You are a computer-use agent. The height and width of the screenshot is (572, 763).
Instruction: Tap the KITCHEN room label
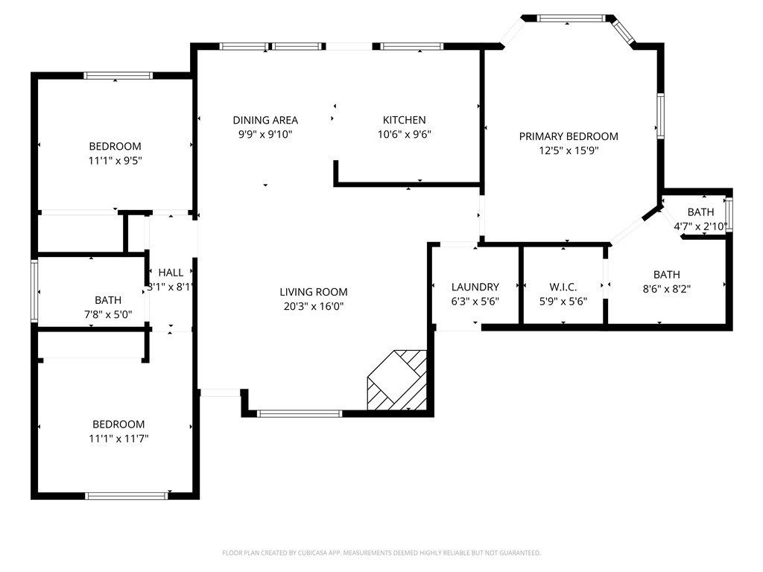coord(404,120)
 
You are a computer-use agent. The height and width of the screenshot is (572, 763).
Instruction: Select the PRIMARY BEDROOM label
coord(569,136)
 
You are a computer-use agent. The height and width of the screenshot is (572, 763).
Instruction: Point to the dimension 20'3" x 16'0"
coord(313,306)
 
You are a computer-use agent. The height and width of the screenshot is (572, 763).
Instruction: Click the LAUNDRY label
coord(475,287)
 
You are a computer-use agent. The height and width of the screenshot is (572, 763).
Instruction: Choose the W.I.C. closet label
coord(563,287)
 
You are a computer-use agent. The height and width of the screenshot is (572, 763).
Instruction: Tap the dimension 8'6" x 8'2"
coord(666,289)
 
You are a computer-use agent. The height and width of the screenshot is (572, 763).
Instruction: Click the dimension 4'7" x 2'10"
coord(700,226)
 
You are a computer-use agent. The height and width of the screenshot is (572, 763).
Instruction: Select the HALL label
coord(171,273)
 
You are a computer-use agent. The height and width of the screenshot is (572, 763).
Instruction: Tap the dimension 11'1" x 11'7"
coord(115,439)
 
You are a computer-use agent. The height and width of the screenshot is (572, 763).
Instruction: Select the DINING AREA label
coord(265,120)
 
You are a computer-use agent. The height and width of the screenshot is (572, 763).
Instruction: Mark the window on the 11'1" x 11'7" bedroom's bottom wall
coord(126,496)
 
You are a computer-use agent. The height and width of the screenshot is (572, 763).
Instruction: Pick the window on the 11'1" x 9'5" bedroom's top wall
coord(118,75)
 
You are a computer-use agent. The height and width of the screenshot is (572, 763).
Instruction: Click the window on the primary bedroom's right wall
coord(660,115)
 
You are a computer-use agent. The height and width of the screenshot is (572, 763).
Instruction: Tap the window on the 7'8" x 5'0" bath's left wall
coord(34,290)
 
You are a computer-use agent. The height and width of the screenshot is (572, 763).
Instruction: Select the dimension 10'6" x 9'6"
coord(404,135)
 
